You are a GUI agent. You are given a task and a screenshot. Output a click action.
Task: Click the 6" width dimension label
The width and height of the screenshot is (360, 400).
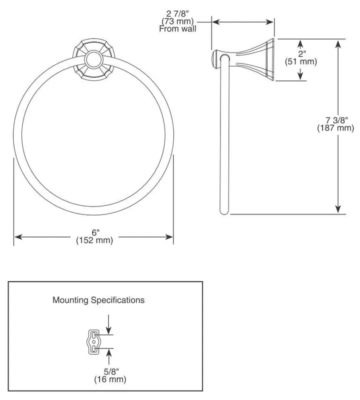(x=95, y=232)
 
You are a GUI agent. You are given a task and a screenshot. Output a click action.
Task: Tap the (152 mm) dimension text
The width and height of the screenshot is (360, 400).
(x=94, y=240)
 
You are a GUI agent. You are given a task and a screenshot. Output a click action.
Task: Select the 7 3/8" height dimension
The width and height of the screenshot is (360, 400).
(x=336, y=119)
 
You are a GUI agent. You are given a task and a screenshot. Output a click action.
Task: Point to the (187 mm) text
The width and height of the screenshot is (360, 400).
(x=336, y=127)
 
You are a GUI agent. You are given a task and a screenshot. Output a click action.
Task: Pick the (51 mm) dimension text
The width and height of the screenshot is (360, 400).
(x=301, y=61)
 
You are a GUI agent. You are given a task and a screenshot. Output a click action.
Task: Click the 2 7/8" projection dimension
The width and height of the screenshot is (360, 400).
(x=177, y=13)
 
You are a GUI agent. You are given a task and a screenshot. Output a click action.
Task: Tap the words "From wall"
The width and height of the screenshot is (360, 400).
(x=177, y=28)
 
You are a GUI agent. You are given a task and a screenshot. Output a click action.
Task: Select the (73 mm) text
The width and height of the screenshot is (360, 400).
(x=177, y=21)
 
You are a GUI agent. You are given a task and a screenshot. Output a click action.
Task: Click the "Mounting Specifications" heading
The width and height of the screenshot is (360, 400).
(x=98, y=300)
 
